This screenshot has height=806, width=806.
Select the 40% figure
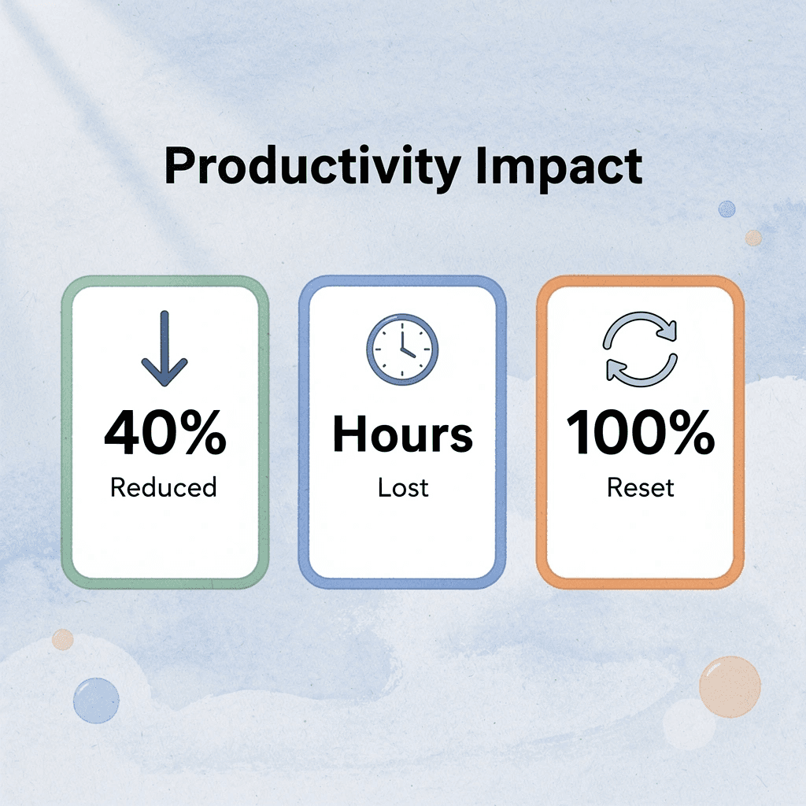tap(165, 434)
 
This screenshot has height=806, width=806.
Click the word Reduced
tap(164, 487)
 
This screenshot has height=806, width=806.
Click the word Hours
tap(402, 434)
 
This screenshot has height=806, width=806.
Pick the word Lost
tap(402, 487)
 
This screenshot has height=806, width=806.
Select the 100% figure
tap(641, 434)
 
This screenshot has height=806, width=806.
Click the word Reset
tap(641, 487)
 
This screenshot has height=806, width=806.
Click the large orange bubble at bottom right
tap(730, 686)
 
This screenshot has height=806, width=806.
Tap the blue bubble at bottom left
tap(96, 700)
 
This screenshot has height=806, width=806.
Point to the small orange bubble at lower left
tap(63, 639)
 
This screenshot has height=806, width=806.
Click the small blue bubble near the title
tap(727, 209)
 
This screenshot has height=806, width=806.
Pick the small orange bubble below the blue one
tap(753, 237)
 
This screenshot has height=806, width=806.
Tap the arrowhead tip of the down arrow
tap(165, 383)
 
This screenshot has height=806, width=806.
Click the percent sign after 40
tap(200, 434)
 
